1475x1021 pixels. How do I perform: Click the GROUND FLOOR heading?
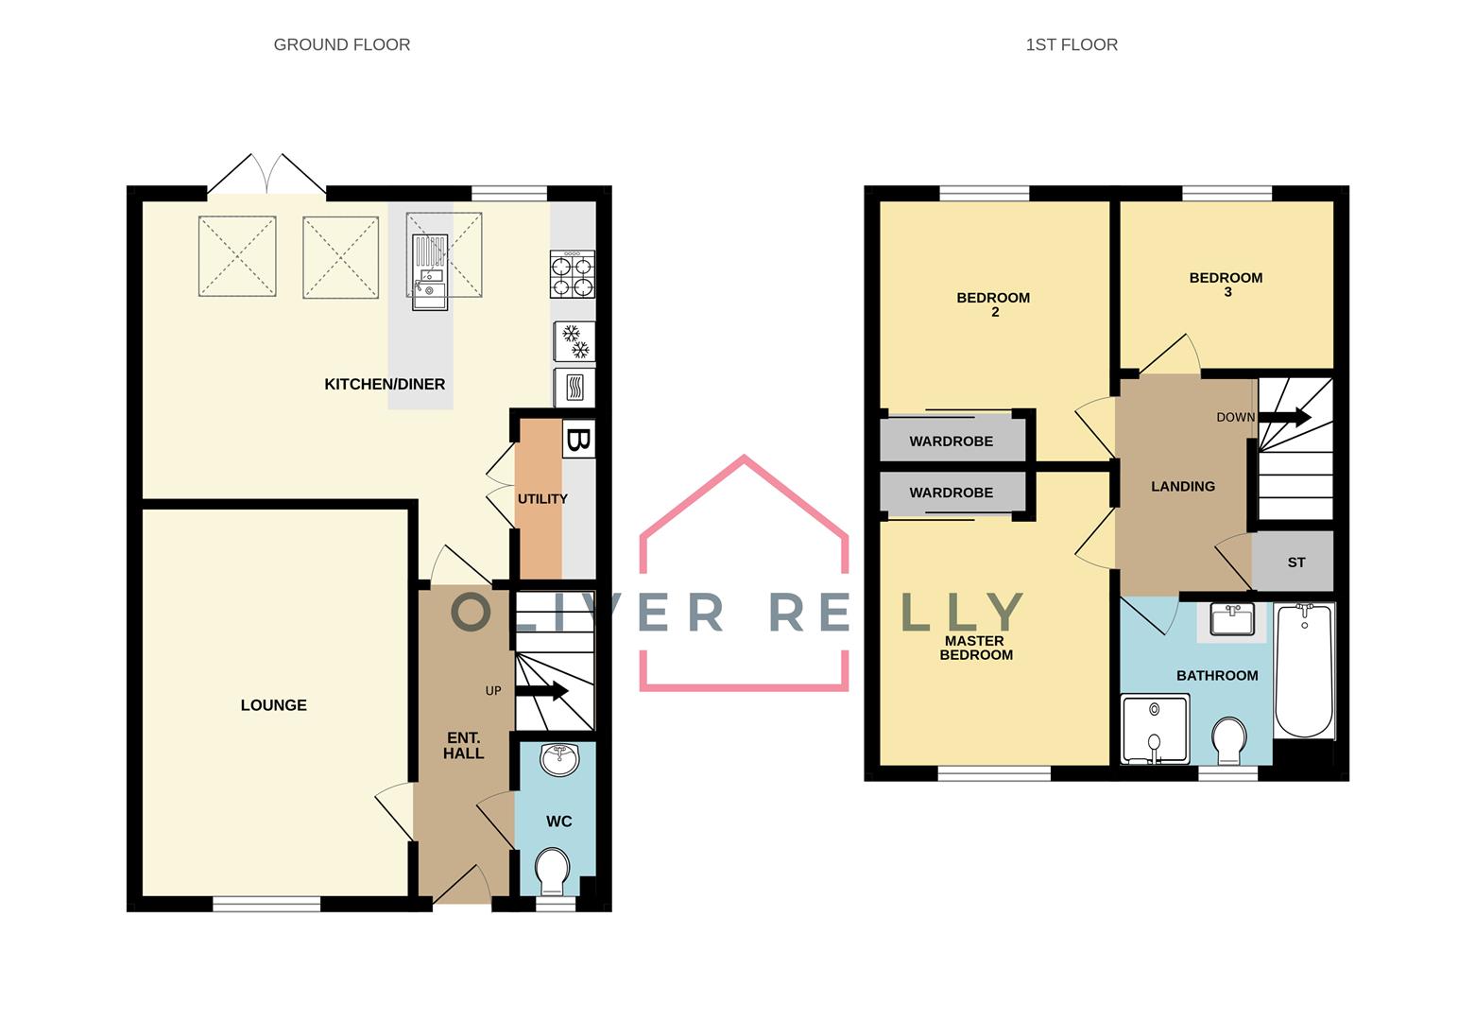point(341,44)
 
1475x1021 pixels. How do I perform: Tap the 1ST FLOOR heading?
point(1072,44)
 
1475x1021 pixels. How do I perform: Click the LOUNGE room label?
point(273,705)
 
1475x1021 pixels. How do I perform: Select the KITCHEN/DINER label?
point(385,384)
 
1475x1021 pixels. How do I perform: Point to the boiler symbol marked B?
point(579,441)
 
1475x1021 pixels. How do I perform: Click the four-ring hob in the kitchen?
point(573,274)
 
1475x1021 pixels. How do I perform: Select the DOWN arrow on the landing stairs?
point(1285,417)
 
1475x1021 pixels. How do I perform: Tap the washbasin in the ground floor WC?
point(560,758)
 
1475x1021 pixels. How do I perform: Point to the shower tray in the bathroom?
point(1154,729)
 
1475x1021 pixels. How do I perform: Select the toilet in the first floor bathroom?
point(1228,740)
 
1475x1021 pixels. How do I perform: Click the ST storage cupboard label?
point(1295,562)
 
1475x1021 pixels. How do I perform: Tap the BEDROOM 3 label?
point(1226,285)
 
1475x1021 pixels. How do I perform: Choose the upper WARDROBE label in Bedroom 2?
point(951,441)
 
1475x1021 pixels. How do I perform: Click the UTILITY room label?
point(542,499)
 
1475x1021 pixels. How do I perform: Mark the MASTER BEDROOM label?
point(975,648)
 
